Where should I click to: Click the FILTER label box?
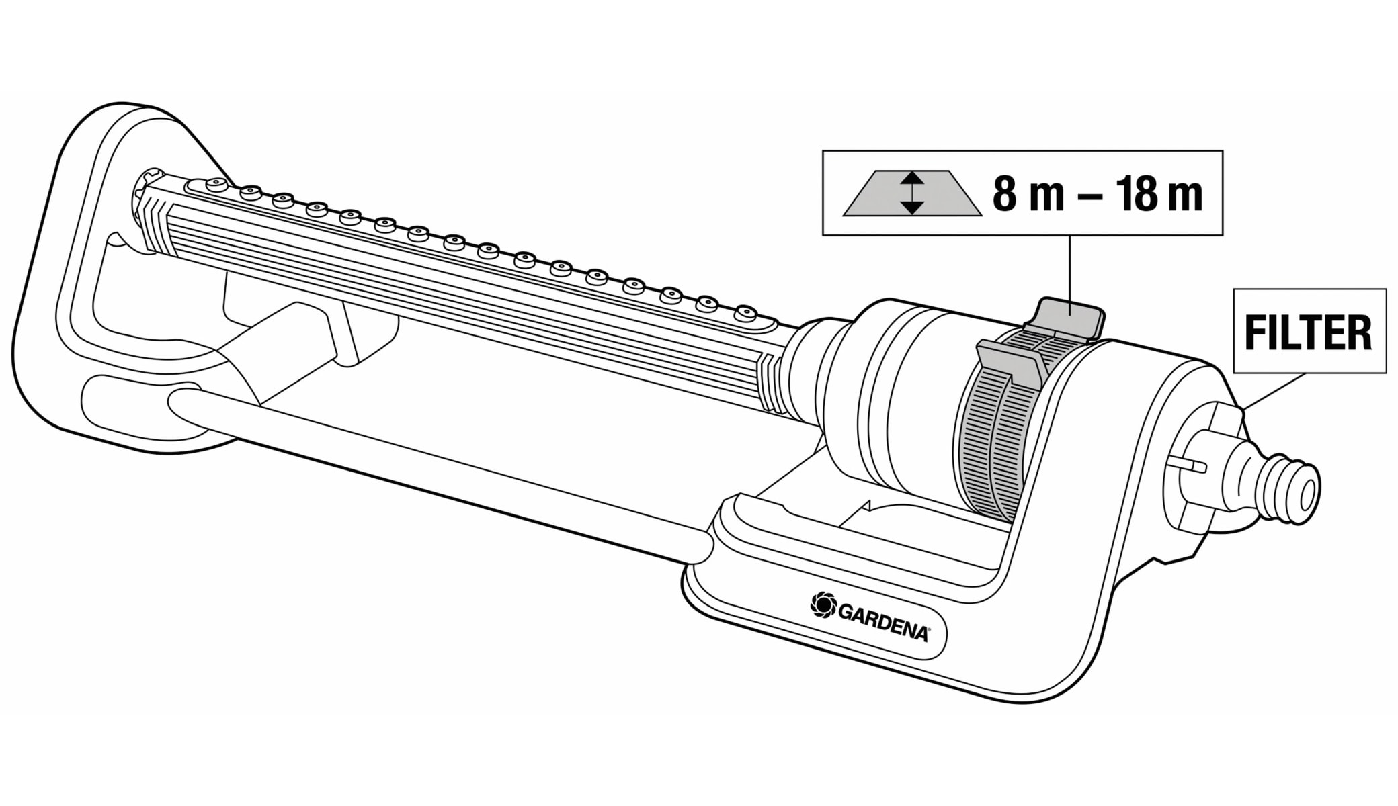(1309, 331)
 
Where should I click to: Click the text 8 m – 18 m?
(1097, 194)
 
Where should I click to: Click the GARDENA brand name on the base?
(883, 623)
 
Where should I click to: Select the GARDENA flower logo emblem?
(823, 604)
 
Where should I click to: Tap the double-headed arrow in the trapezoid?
(912, 193)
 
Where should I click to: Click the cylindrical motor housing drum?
(894, 396)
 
